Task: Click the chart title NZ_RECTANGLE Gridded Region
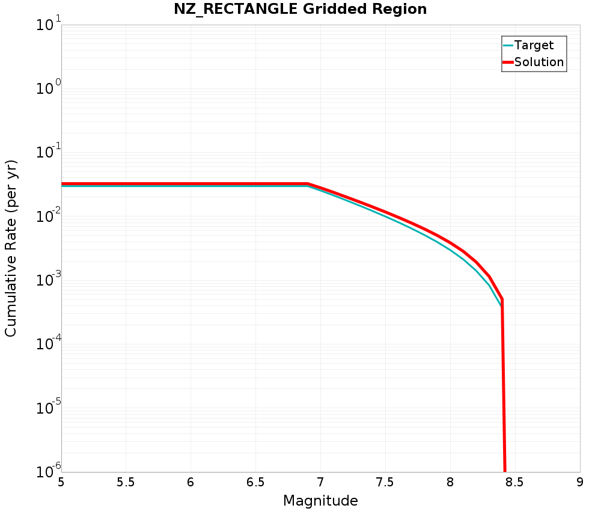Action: click(300, 10)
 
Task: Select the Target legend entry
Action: click(534, 45)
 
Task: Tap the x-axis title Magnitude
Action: click(320, 501)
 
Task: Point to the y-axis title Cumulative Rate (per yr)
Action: click(11, 248)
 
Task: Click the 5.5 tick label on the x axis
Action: click(126, 483)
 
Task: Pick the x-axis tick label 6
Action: click(191, 483)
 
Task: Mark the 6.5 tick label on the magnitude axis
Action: click(255, 483)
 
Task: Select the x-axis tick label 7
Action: click(320, 483)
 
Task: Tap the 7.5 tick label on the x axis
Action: click(385, 483)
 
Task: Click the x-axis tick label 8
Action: click(450, 483)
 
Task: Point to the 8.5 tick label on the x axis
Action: click(515, 483)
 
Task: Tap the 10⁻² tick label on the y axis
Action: click(46, 217)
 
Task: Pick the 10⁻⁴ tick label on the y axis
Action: click(46, 344)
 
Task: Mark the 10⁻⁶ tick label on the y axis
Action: click(46, 471)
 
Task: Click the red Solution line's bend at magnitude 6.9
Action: click(308, 184)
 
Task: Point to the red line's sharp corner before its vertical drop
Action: click(502, 299)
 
